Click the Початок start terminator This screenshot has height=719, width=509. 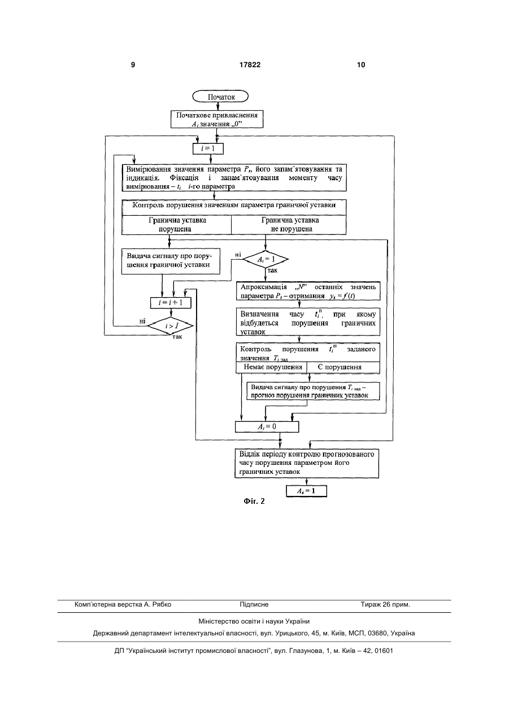[220, 97]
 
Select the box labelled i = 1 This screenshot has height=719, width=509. [208, 149]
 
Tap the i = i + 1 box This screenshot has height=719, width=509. [171, 303]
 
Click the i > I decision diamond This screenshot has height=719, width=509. [171, 326]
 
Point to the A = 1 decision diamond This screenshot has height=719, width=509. [266, 259]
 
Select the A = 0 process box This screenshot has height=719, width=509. [267, 426]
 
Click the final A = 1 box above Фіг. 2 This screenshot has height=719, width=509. [306, 491]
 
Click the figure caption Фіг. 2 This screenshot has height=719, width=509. [254, 502]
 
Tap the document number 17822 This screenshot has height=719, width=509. [250, 65]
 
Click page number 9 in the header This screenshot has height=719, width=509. [133, 65]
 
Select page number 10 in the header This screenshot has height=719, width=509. [361, 65]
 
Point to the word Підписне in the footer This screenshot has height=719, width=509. [254, 604]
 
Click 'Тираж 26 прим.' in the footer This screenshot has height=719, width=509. [385, 604]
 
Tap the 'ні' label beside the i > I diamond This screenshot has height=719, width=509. [142, 321]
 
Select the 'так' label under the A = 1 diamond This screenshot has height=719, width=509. [272, 271]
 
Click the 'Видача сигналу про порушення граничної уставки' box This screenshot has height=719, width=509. [171, 261]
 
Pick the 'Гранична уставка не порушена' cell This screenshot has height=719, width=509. [289, 225]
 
